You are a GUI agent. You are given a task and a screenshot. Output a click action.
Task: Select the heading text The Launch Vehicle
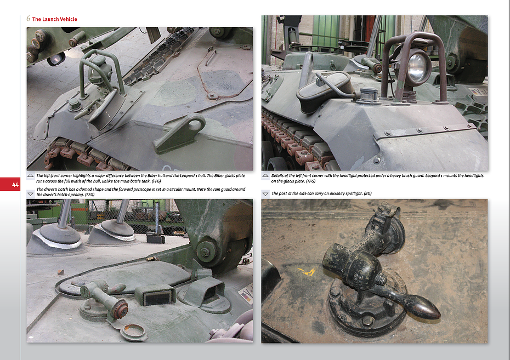coord(54,19)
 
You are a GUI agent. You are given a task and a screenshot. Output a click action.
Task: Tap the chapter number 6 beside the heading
coord(29,19)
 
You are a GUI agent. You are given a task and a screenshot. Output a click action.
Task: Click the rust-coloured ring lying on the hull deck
coord(134,332)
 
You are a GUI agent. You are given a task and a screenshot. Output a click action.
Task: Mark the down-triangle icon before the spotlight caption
coord(265,193)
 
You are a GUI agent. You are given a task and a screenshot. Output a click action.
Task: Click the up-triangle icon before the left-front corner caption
coord(31,175)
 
